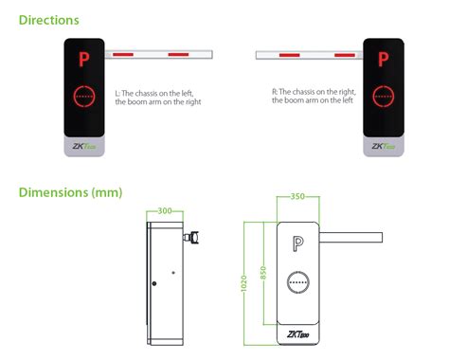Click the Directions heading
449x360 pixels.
click(x=49, y=19)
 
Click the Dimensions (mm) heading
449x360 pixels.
click(x=70, y=192)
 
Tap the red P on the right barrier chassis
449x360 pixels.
click(x=384, y=58)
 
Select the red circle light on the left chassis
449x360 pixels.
click(x=83, y=97)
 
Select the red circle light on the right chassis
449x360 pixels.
click(x=384, y=97)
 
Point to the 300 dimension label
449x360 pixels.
click(x=164, y=211)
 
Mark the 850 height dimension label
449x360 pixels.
click(x=264, y=273)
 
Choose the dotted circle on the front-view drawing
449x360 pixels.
click(x=299, y=282)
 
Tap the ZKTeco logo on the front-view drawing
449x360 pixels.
click(x=299, y=334)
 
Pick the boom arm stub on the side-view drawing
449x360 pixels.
click(x=196, y=236)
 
